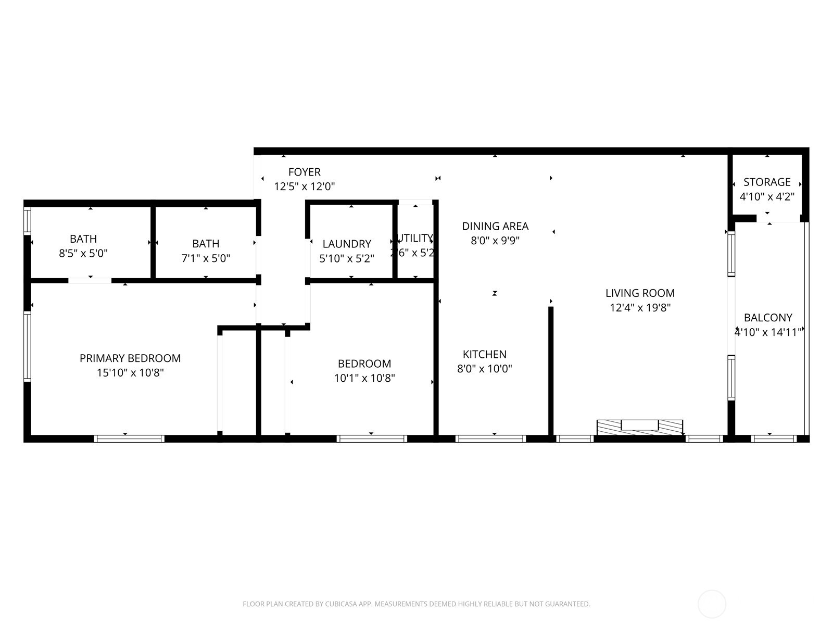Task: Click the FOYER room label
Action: pos(305,172)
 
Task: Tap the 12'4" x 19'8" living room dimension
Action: pos(640,308)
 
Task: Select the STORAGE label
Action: pos(767,182)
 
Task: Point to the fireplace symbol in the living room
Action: pos(640,426)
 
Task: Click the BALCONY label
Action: pos(768,318)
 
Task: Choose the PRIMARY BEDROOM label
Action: pos(130,358)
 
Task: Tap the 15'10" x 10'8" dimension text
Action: pos(130,373)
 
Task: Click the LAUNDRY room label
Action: pos(347,244)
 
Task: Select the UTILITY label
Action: pos(415,239)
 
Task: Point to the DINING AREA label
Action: pos(495,226)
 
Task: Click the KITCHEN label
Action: pos(485,354)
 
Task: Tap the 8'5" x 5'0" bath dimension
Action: pos(83,254)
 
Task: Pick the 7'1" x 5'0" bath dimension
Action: pos(206,258)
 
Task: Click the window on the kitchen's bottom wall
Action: pos(490,439)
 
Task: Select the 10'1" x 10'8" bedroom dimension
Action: pos(364,378)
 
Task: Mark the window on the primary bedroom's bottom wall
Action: pos(129,439)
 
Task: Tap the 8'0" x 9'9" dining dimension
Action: pos(495,241)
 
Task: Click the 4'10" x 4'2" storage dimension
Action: pos(767,197)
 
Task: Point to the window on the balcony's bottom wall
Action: pos(774,439)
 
